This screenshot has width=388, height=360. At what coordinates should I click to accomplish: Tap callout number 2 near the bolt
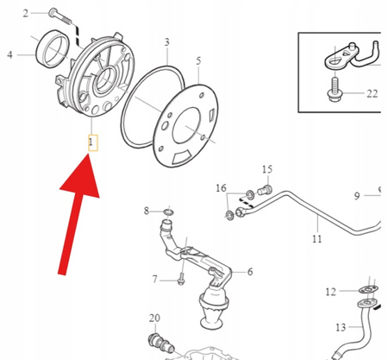[x=26, y=13]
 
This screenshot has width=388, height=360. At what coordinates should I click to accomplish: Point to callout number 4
[x=9, y=54]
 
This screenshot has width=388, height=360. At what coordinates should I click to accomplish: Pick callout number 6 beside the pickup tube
[x=250, y=272]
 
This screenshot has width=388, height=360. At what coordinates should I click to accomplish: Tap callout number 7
[x=155, y=279]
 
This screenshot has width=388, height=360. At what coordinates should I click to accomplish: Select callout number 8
[x=147, y=210]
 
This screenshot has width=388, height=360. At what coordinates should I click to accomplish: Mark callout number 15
[x=266, y=169]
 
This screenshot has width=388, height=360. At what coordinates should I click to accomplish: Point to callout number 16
[x=221, y=187]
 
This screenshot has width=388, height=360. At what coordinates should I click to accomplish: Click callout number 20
[x=154, y=318]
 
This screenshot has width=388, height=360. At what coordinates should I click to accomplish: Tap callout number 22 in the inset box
[x=372, y=94]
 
